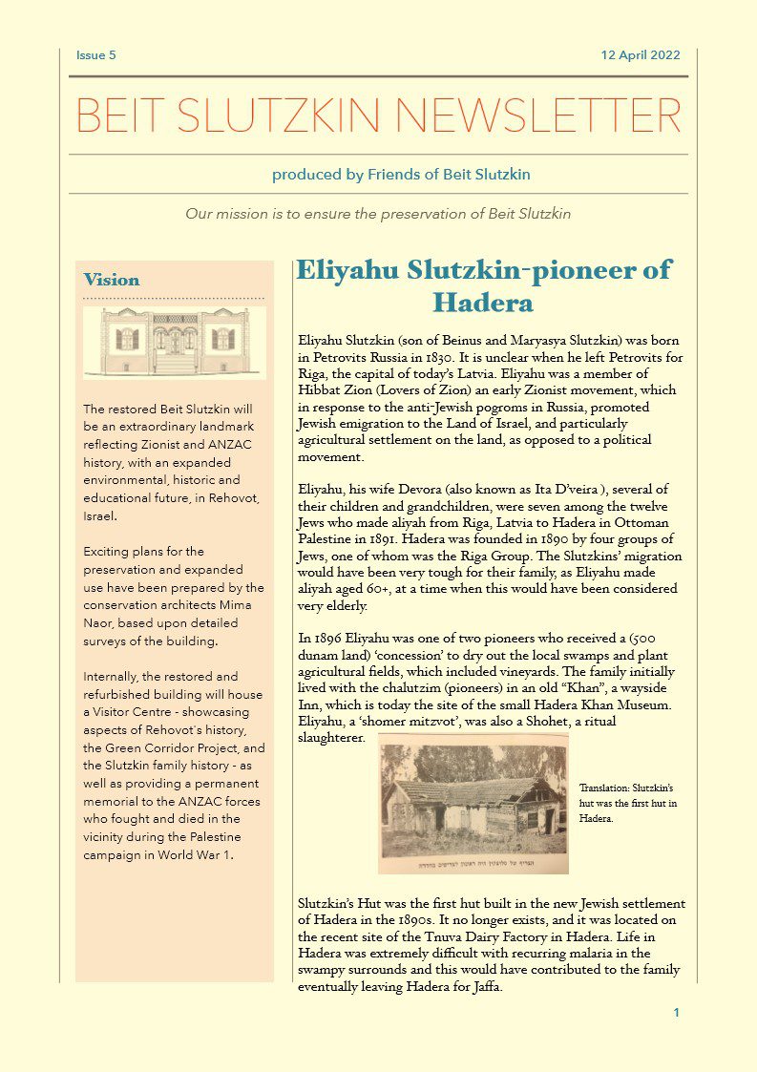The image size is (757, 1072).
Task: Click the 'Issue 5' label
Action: click(95, 55)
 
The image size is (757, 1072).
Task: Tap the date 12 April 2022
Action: click(641, 55)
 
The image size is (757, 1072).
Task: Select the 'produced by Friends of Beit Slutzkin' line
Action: click(401, 175)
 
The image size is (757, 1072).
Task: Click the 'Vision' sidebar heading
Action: click(112, 281)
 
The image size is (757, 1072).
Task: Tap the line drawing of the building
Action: click(175, 342)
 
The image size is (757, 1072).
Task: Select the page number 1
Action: click(676, 1013)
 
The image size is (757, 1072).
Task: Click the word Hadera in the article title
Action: click(482, 303)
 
